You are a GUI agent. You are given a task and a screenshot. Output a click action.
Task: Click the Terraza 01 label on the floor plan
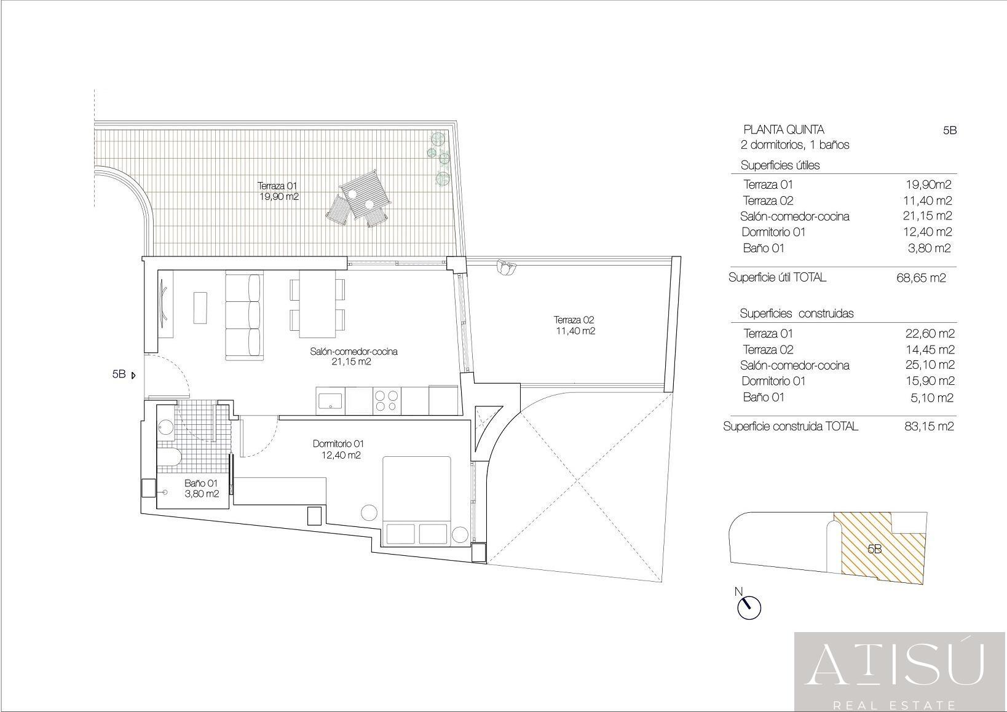coord(277,186)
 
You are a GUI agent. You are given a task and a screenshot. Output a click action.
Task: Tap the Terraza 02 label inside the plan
coord(574,320)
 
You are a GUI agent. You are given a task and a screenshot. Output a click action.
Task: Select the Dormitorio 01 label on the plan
coord(338,444)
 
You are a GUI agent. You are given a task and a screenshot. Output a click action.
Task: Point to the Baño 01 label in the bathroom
coord(201,483)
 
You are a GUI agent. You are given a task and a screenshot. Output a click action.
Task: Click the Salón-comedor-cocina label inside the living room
coord(353,352)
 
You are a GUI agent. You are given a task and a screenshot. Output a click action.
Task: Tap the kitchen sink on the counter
coord(330,400)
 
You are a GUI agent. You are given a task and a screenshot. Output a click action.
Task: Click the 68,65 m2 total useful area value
coord(921,278)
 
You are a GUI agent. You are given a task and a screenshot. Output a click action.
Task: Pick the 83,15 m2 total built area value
coord(929,426)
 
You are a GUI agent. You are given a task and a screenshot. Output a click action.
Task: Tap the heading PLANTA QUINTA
coord(784,130)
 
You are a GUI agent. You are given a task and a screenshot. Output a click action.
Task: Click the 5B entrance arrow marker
coord(133,375)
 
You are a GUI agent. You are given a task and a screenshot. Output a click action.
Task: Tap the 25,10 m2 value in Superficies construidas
coord(929,365)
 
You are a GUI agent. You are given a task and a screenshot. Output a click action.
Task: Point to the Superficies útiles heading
coord(780,165)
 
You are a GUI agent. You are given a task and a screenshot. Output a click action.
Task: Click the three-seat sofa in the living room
coord(243,317)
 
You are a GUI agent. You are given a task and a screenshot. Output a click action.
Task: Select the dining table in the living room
coord(317,303)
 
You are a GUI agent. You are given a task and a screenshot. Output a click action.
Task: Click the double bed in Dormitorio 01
coord(416,500)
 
